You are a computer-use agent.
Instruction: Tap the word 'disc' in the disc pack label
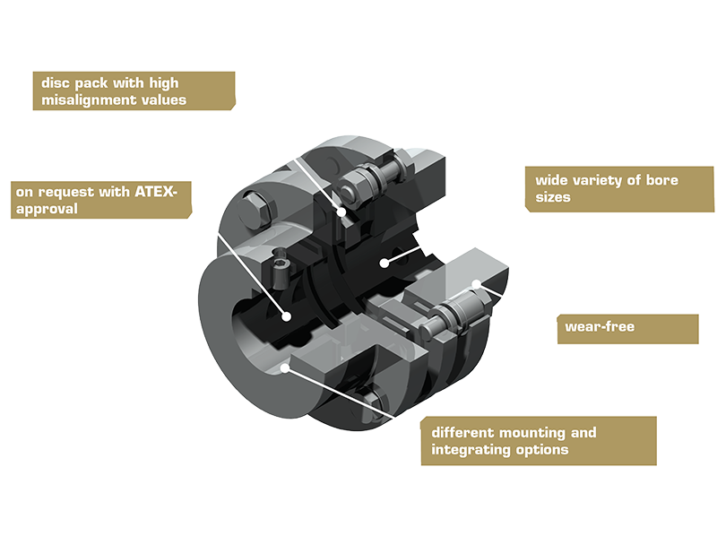(x=56, y=82)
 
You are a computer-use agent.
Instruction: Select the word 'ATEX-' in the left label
(x=156, y=191)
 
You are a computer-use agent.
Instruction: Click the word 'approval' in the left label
(x=47, y=210)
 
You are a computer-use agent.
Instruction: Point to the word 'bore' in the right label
(x=661, y=180)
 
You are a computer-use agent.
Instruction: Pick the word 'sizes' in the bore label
(x=553, y=197)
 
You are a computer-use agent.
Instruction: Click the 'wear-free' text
(x=600, y=326)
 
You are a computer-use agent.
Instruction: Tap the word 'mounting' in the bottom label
(x=531, y=433)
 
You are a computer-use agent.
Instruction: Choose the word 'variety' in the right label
(x=597, y=180)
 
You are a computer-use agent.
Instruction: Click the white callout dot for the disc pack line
(x=341, y=212)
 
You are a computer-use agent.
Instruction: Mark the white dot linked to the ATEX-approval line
(x=287, y=316)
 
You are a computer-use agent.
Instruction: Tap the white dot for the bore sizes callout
(x=384, y=263)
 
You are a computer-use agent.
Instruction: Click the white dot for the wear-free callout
(x=477, y=284)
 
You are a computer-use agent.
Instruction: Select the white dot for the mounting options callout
(x=284, y=367)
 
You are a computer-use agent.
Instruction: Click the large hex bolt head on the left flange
(x=256, y=212)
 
